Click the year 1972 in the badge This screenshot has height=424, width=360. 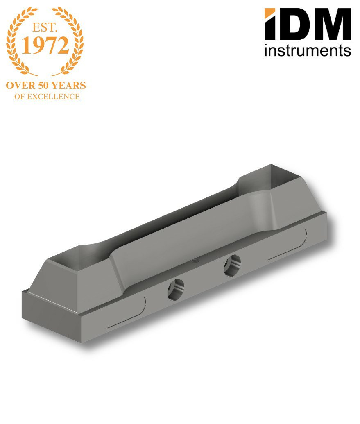pyautogui.click(x=45, y=45)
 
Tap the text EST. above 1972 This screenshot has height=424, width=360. pyautogui.click(x=45, y=27)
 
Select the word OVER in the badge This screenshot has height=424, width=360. pyautogui.click(x=20, y=86)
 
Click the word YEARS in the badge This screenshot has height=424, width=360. pyautogui.click(x=69, y=86)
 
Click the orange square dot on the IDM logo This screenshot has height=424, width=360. pyautogui.click(x=269, y=13)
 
